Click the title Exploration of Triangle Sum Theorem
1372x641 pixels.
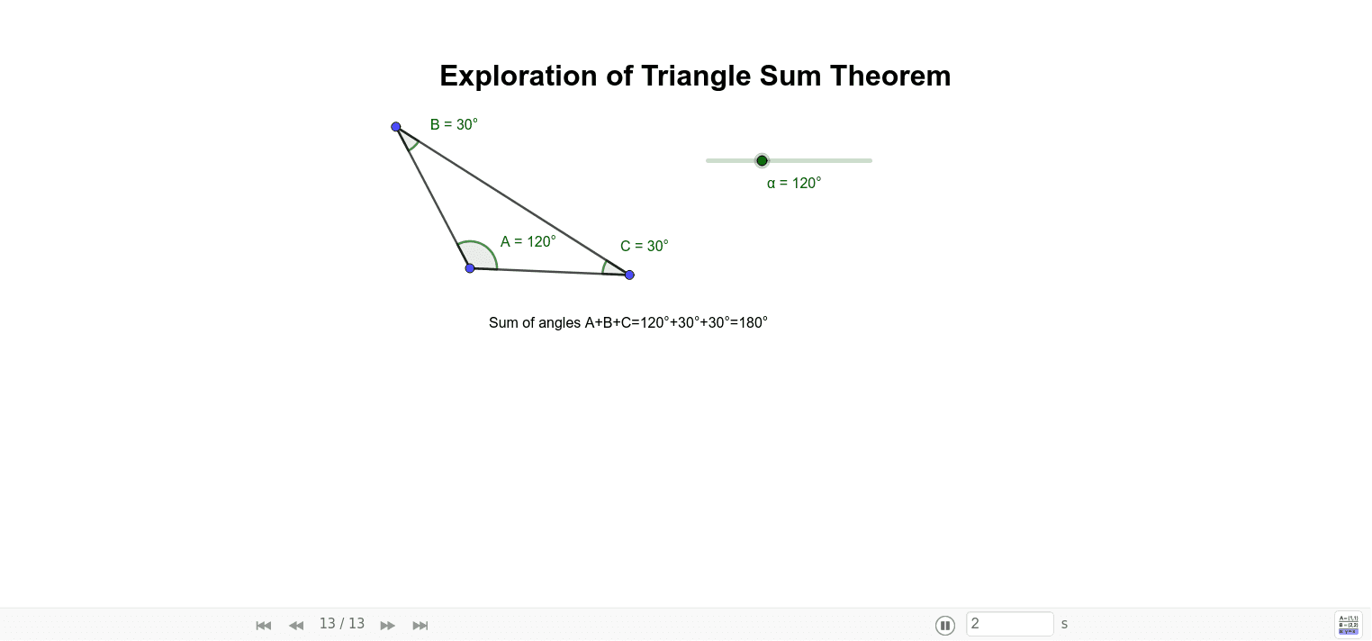pos(695,76)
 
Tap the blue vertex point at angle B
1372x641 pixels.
pos(396,127)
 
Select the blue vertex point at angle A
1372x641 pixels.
pos(470,268)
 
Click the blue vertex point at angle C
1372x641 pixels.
pos(629,275)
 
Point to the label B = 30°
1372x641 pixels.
pos(454,124)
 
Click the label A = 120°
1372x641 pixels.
pos(528,241)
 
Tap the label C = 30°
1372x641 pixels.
pos(645,246)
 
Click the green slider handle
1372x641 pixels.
pos(762,160)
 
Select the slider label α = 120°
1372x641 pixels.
pos(794,183)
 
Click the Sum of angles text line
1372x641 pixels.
pos(627,322)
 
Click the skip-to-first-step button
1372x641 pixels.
pos(264,625)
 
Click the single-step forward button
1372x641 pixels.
pos(387,625)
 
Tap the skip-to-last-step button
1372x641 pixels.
pos(420,625)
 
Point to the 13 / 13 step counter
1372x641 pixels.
pos(342,624)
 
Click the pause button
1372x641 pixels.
pos(945,625)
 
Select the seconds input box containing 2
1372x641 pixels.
pos(1010,624)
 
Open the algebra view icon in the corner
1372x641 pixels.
pos(1349,625)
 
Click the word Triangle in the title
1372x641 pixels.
pos(696,77)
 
